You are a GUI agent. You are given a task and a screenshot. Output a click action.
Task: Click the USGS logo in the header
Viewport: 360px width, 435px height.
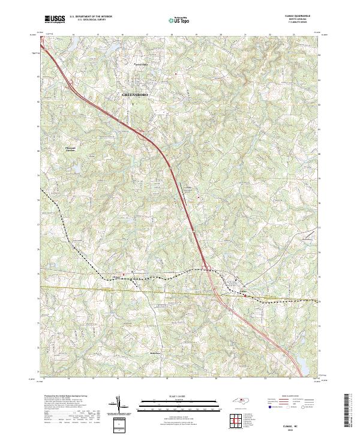55,19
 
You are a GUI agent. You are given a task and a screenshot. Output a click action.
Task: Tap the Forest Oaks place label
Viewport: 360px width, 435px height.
139,62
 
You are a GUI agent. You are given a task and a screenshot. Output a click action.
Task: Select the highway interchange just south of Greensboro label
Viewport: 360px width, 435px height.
143,131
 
